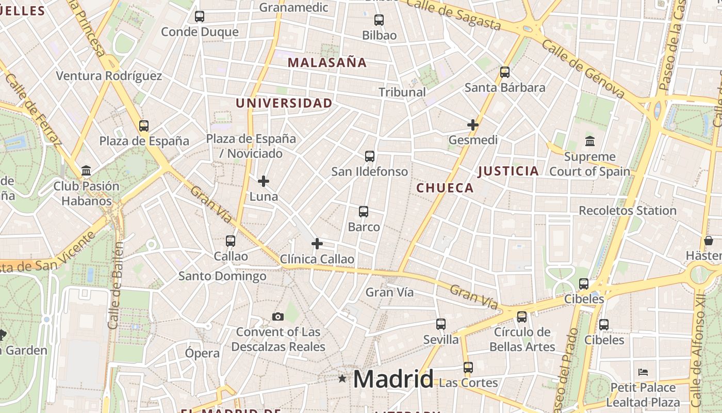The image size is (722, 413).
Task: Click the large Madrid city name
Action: [x=393, y=379]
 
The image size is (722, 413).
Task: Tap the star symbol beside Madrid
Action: [x=342, y=378]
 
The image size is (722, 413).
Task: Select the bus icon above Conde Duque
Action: [x=200, y=17]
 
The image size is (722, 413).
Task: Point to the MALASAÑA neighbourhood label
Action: [x=327, y=63]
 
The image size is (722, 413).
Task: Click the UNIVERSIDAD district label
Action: [x=284, y=103]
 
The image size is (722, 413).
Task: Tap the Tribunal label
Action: [x=402, y=92]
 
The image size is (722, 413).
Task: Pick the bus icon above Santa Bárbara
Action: [x=505, y=72]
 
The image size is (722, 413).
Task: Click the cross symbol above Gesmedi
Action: [x=473, y=125]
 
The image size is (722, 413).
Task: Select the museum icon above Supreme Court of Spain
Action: [x=589, y=140]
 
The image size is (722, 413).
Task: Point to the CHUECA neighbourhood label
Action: [x=445, y=188]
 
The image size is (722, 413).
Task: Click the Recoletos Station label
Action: [x=628, y=211]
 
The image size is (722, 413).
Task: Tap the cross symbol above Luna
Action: [x=264, y=181]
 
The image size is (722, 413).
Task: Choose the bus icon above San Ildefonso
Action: [x=369, y=156]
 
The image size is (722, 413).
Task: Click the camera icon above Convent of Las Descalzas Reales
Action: [x=278, y=316]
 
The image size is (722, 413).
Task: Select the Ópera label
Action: [x=202, y=354]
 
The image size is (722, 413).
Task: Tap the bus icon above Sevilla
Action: [x=441, y=324]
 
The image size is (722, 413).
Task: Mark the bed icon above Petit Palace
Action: [x=643, y=372]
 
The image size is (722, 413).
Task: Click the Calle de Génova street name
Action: [x=583, y=70]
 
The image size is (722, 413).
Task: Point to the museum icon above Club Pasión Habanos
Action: [x=86, y=171]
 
